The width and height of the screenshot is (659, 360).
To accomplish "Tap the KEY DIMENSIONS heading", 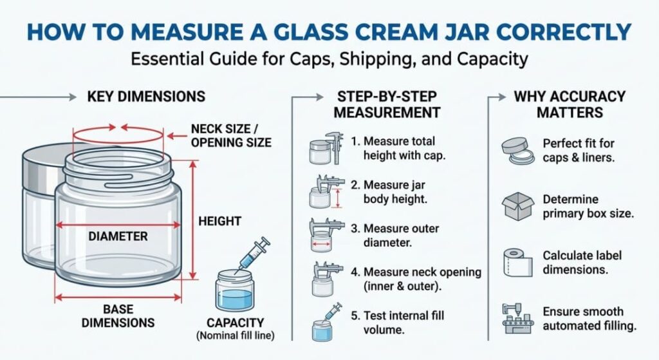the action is click(146, 97).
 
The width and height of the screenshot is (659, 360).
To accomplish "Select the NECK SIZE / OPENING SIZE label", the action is click(231, 135).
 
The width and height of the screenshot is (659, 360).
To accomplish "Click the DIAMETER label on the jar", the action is click(118, 236).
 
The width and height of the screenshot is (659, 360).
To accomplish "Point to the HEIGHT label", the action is click(220, 221).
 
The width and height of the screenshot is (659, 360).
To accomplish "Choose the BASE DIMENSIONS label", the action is click(118, 316).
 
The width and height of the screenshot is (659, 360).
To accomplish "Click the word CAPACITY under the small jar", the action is click(236, 323).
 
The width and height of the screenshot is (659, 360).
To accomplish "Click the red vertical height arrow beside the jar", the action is click(193, 220).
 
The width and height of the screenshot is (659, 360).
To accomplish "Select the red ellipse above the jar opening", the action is click(118, 135).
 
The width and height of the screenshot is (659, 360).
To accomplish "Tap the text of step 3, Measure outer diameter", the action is click(394, 236).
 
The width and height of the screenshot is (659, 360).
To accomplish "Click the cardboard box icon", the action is click(518, 206).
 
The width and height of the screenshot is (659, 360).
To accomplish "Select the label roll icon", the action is click(515, 262).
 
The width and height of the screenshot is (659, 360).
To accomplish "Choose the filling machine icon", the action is click(518, 318).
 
